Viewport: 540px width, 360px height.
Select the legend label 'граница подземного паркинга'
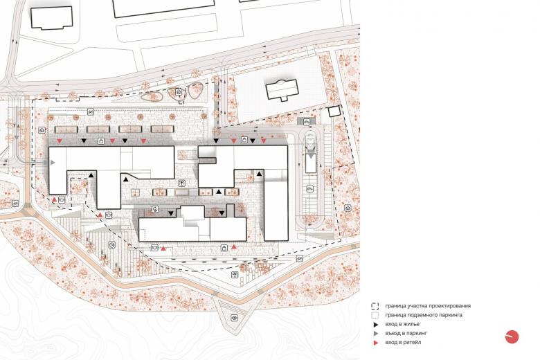[424, 315]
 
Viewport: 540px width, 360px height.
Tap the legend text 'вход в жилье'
[402, 324]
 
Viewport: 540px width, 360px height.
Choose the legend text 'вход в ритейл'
[404, 343]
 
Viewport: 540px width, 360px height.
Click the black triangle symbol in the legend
[376, 325]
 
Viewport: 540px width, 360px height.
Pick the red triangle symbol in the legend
[376, 343]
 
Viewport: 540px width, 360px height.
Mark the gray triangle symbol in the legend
[376, 334]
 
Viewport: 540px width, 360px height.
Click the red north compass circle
[512, 336]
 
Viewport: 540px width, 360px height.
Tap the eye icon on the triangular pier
[235, 317]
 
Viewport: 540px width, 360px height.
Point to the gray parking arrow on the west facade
[53, 163]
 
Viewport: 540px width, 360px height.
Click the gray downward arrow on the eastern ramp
[311, 156]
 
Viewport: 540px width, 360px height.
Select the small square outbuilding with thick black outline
[334, 111]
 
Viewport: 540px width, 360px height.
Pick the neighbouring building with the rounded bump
[282, 89]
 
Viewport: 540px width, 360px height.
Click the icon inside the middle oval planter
[179, 92]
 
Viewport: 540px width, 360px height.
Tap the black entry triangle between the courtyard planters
[218, 192]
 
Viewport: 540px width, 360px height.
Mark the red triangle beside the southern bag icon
[234, 246]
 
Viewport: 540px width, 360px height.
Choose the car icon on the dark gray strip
[307, 121]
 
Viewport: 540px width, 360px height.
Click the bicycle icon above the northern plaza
[90, 111]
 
